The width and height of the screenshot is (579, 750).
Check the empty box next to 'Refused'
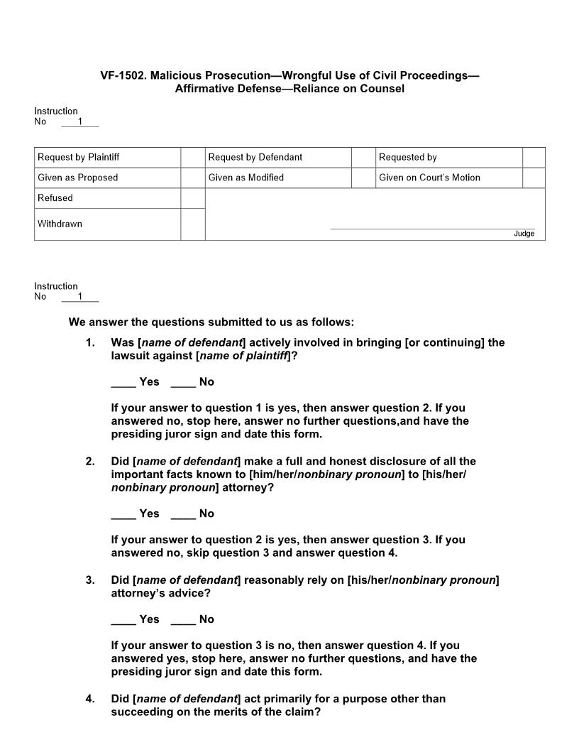click(192, 198)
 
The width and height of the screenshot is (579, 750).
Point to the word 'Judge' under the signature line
click(524, 234)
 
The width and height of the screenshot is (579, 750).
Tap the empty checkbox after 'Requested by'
click(534, 158)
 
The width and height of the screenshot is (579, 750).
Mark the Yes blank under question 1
click(123, 383)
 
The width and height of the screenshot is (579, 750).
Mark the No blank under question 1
click(183, 383)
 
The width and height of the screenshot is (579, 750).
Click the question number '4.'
click(90, 699)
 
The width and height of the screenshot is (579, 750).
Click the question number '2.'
click(90, 462)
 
